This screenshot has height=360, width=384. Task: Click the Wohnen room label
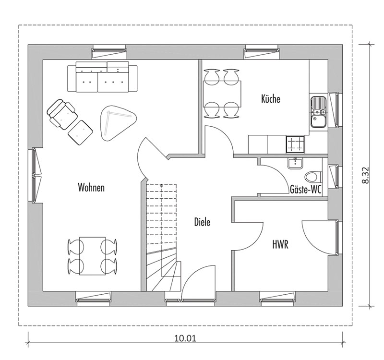coord(91,187)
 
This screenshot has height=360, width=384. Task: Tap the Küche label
coord(270,99)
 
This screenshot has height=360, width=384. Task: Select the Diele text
coord(202,222)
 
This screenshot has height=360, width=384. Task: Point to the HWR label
coord(280,244)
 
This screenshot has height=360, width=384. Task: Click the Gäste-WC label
coord(305,189)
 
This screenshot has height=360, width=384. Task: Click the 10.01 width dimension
coord(185,338)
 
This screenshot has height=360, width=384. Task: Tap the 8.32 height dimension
coord(365,175)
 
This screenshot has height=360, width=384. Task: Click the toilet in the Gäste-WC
coord(313,176)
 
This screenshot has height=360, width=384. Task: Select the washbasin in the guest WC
coord(295,163)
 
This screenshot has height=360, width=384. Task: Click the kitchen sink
coord(318,112)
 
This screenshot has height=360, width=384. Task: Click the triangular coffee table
coord(118,123)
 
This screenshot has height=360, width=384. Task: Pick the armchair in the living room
coord(62,114)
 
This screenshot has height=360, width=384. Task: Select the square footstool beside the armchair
coord(80,132)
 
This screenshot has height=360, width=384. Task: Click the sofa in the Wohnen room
coord(102,77)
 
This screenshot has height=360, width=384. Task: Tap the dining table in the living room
coord(92,256)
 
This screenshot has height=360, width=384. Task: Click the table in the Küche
coord(222,93)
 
